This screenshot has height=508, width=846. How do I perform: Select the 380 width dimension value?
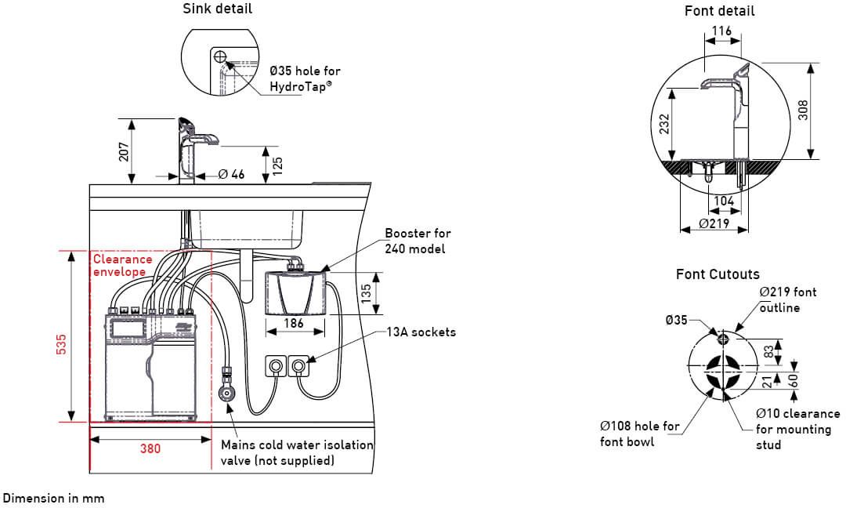[150, 448]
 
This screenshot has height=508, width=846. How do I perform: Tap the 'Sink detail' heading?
[218, 9]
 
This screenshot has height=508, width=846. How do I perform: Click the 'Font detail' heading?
[719, 11]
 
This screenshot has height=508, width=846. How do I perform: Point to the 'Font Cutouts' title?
[718, 274]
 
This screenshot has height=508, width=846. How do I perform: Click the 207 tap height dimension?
[123, 151]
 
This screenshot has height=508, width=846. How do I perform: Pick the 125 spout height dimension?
[277, 165]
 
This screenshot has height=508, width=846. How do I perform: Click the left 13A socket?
[277, 365]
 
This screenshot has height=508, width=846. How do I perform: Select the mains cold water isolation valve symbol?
[227, 394]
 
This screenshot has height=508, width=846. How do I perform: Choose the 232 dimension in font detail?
[664, 124]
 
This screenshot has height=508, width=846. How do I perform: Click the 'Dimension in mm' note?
[53, 498]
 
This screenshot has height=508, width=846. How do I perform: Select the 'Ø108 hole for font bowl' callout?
[640, 434]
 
